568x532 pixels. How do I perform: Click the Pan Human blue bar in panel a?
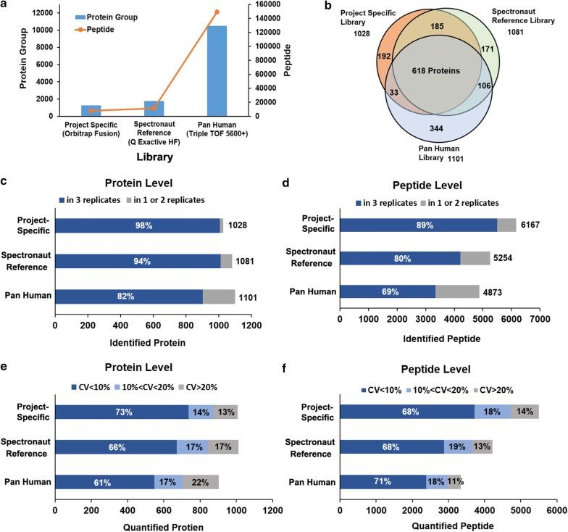click(217, 71)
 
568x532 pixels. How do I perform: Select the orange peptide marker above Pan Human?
click(217, 12)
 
